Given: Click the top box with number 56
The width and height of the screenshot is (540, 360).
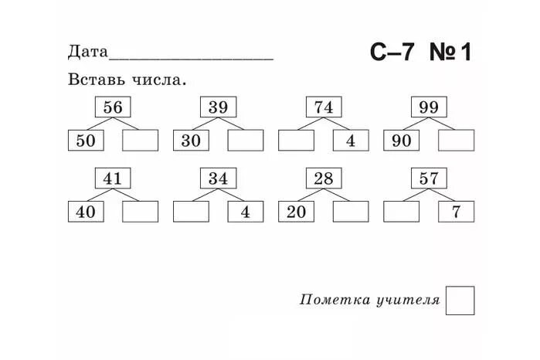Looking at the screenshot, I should pyautogui.click(x=113, y=107).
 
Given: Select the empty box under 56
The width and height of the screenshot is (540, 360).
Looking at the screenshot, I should pyautogui.click(x=140, y=141).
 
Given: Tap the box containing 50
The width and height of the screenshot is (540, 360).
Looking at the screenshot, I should pyautogui.click(x=86, y=141).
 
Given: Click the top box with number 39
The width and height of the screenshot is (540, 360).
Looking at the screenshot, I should pyautogui.click(x=218, y=107).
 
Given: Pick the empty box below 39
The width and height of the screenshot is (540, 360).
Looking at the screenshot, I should pyautogui.click(x=245, y=141).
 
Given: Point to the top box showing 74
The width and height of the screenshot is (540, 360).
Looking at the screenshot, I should pyautogui.click(x=324, y=107).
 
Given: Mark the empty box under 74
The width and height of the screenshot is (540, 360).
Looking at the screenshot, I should pyautogui.click(x=296, y=141).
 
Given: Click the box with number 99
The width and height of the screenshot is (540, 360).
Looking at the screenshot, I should pyautogui.click(x=429, y=107).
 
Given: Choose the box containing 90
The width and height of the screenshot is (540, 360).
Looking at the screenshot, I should pyautogui.click(x=402, y=141).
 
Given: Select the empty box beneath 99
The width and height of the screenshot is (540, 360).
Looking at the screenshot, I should pyautogui.click(x=457, y=141).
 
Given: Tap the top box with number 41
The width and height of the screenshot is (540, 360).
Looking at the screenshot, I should pyautogui.click(x=113, y=178).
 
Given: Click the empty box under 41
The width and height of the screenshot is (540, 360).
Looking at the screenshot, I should pyautogui.click(x=140, y=212).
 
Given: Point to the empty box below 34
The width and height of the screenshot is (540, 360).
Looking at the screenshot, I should pyautogui.click(x=191, y=212).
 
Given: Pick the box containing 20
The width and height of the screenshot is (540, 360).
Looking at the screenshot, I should pyautogui.click(x=296, y=212).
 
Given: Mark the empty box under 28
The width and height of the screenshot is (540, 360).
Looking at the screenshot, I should pyautogui.click(x=351, y=212).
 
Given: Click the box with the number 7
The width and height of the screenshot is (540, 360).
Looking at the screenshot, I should pyautogui.click(x=457, y=212).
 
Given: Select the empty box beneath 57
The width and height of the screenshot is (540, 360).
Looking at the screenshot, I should pyautogui.click(x=402, y=212).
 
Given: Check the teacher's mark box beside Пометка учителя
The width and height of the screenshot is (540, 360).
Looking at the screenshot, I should pyautogui.click(x=460, y=301).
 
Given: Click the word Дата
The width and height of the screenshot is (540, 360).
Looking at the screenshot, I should pyautogui.click(x=87, y=53).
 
